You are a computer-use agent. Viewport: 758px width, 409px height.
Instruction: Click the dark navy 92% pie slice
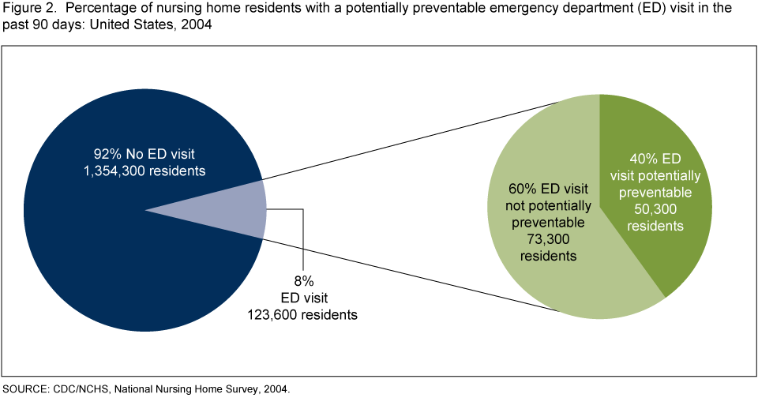click(x=118, y=261)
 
